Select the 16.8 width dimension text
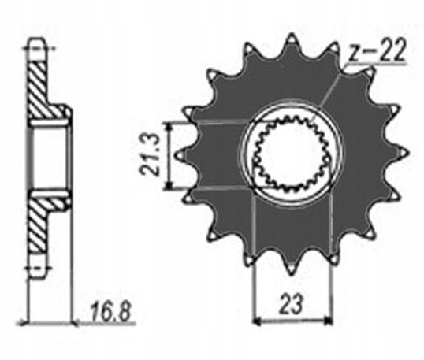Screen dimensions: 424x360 (x=110, y=312)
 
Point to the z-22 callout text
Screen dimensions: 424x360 (x=377, y=51)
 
